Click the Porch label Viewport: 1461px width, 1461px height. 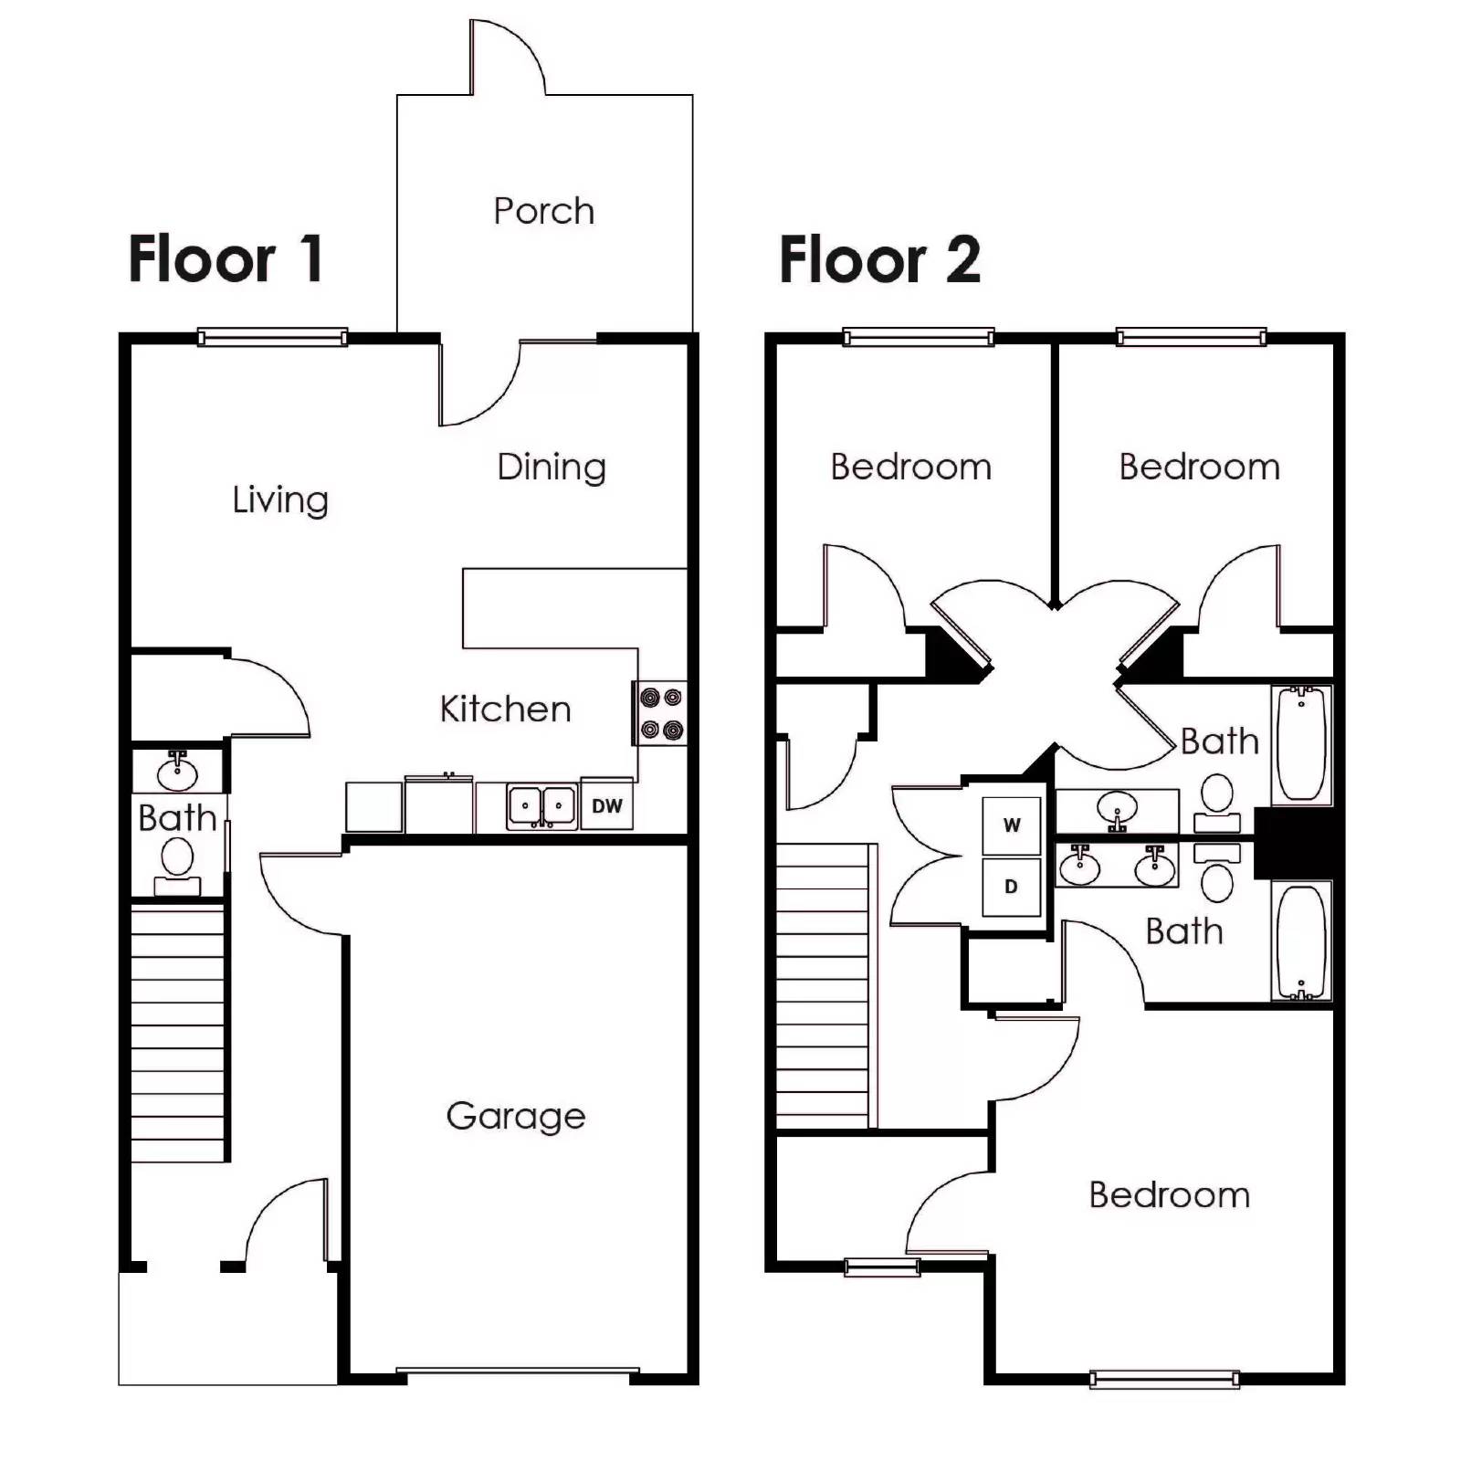tap(544, 211)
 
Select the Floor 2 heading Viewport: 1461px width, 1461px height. tap(879, 259)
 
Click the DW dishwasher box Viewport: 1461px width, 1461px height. tap(607, 805)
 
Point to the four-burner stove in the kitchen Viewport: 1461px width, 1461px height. tap(661, 713)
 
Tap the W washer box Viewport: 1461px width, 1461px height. tap(1012, 825)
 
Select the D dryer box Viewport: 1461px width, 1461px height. tap(1011, 887)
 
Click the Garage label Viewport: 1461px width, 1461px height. tap(516, 1116)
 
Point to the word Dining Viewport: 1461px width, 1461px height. tap(552, 468)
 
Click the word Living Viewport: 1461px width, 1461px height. tap(280, 500)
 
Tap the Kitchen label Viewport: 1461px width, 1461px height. tap(505, 709)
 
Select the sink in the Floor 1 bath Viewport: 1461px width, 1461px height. tap(177, 773)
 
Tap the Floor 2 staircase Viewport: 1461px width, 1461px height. tap(822, 986)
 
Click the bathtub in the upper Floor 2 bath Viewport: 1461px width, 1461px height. tap(1301, 744)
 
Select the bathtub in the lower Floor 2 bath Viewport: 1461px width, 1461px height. tap(1301, 941)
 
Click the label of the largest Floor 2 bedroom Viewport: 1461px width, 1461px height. tap(1170, 1195)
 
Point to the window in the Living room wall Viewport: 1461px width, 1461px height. tap(272, 338)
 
